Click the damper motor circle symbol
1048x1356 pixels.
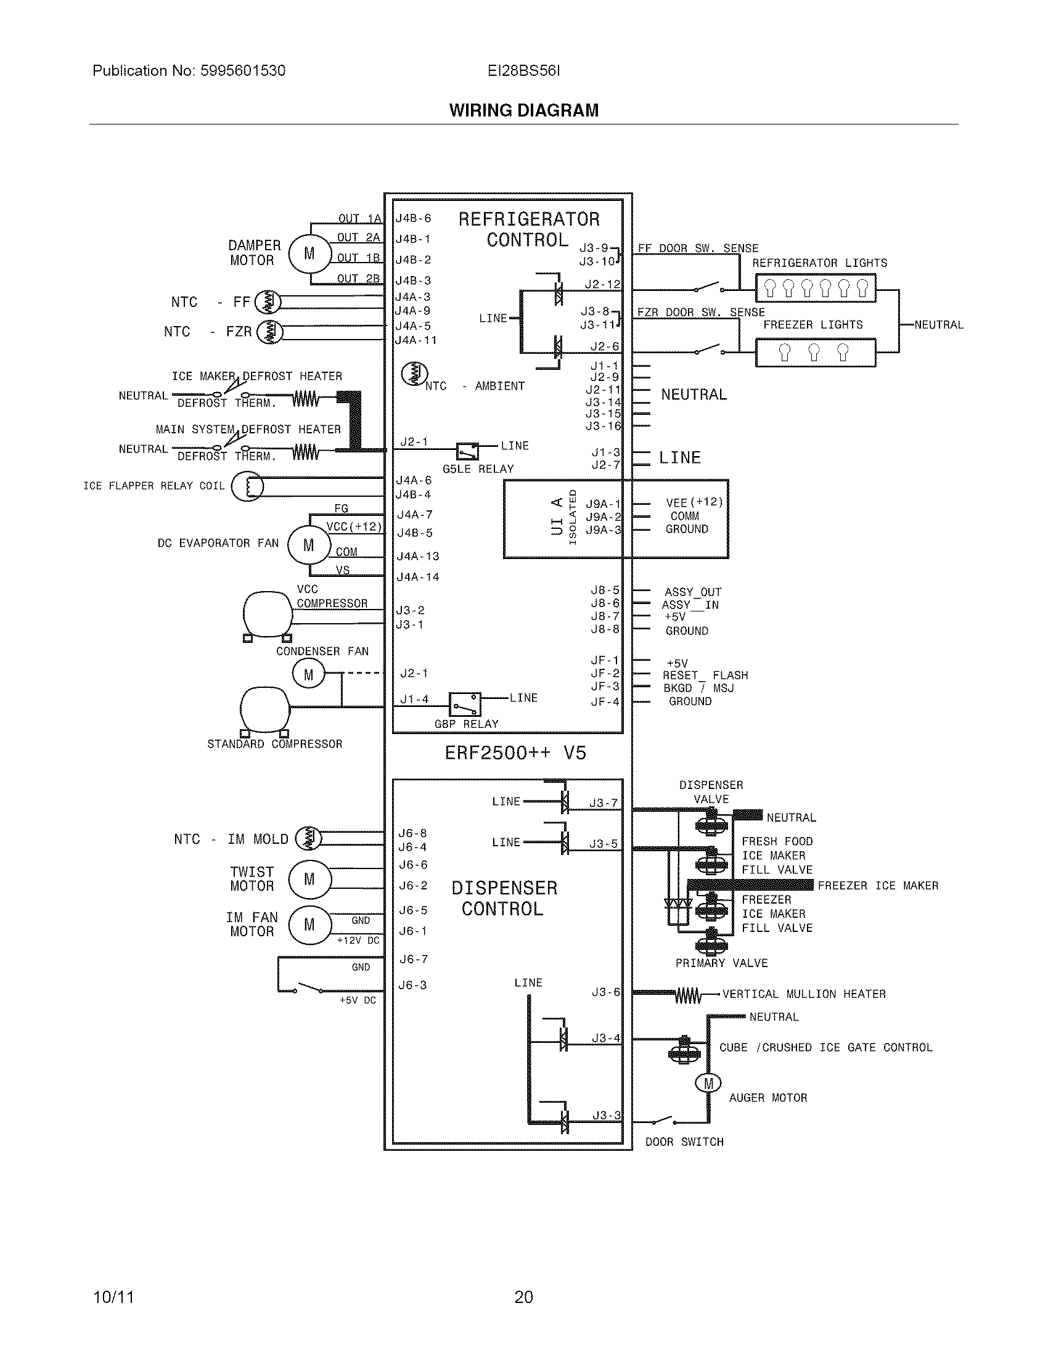[x=309, y=253]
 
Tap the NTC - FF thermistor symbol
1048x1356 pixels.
[x=268, y=302]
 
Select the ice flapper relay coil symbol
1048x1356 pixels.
[x=247, y=486]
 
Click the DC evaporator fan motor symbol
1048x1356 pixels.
[x=309, y=545]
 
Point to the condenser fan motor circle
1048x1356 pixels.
[x=309, y=674]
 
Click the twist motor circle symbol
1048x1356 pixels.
[x=309, y=879]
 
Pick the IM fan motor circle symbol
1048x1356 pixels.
[x=309, y=925]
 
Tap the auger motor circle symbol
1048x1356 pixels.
[x=708, y=1084]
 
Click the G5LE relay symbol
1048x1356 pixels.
[x=467, y=450]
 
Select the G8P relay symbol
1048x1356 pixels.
[x=465, y=704]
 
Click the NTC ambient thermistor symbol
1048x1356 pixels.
[x=414, y=374]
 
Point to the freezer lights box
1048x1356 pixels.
[x=815, y=353]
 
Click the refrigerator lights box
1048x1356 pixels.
[x=815, y=288]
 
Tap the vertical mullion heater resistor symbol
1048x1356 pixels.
[x=688, y=996]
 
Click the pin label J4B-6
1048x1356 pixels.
[x=414, y=219]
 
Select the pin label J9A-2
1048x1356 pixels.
[x=603, y=517]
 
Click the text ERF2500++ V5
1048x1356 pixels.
[x=515, y=753]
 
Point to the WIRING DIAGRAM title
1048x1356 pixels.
[x=524, y=110]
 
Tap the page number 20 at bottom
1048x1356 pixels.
[x=523, y=1297]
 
